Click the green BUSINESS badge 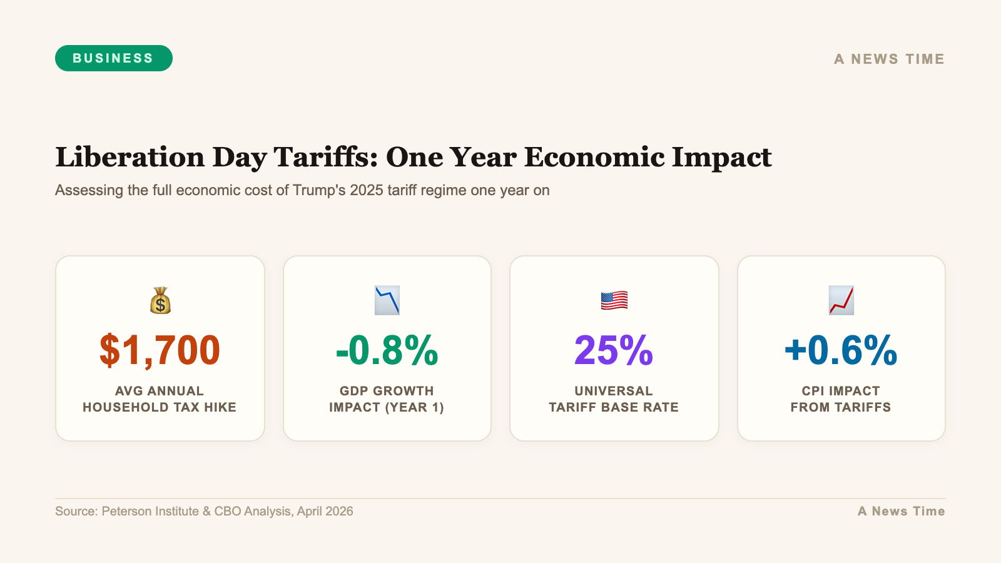(113, 58)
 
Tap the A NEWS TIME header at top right (888, 59)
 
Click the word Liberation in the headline (130, 157)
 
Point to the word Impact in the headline (721, 157)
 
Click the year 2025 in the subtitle (367, 190)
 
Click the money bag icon (160, 301)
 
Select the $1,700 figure (160, 350)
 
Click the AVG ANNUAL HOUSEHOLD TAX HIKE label (160, 399)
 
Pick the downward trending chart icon (387, 301)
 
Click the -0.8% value (387, 350)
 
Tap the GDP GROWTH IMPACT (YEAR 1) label (387, 399)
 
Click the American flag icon (614, 301)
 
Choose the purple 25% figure (614, 350)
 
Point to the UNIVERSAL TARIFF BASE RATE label (614, 399)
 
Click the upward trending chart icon (841, 301)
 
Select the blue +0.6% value (841, 350)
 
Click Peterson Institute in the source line (150, 511)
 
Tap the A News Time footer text (901, 511)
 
